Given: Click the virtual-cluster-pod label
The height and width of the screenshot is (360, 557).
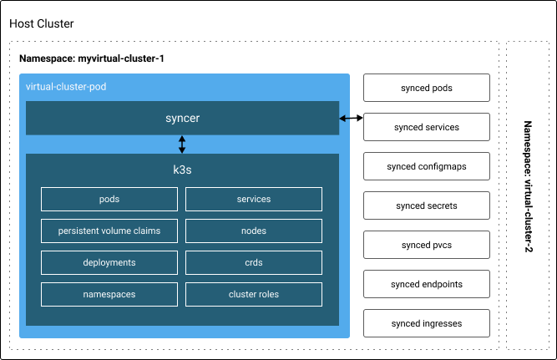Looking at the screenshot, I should (66, 87).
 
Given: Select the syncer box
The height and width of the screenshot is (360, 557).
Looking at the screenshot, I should (182, 118).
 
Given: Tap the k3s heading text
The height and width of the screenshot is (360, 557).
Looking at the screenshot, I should (182, 170).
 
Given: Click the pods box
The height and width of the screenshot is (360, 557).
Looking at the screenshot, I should (109, 199).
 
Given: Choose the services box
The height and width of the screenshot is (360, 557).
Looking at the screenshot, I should (254, 199).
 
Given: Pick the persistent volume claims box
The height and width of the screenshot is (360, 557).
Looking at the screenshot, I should (109, 231).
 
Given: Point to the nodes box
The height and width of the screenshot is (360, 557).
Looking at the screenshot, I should (254, 231).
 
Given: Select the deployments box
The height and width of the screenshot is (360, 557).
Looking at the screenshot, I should (109, 262).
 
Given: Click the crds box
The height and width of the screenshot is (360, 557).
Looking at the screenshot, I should (254, 262).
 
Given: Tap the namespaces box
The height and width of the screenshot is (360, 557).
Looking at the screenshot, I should (109, 294).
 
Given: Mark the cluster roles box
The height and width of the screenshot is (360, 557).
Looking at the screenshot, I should (254, 294).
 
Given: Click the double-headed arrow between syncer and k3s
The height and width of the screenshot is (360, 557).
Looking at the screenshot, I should (182, 145).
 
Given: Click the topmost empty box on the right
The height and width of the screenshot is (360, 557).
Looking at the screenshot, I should (426, 88).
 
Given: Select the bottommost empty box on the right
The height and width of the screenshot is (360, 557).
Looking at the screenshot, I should (426, 323).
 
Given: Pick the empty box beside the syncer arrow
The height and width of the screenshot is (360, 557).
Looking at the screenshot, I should (426, 127).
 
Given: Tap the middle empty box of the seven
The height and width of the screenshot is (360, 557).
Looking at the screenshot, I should (426, 205).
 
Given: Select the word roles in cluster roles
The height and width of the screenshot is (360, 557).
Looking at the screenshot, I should (267, 294).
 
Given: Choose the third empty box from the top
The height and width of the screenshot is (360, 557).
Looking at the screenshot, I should (426, 166).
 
